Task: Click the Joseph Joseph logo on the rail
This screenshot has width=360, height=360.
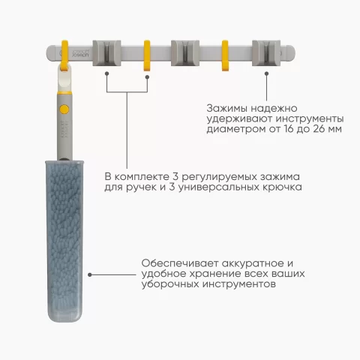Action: tap(80, 53)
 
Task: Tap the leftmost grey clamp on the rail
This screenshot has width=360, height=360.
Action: tap(106, 53)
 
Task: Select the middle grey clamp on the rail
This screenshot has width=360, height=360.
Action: tap(185, 53)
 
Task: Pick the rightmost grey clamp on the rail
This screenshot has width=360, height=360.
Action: tap(266, 53)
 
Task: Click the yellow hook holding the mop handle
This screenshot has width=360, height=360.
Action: tap(64, 55)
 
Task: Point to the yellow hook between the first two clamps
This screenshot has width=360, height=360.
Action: tap(147, 55)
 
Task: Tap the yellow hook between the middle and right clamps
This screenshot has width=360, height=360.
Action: tap(225, 55)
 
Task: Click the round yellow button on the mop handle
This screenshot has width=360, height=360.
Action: tap(64, 109)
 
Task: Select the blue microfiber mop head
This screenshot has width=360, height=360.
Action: tap(64, 241)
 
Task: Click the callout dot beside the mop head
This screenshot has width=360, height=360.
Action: tap(90, 274)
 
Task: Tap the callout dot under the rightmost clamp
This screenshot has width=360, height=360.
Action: tap(267, 73)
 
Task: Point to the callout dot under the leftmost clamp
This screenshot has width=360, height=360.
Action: tap(106, 73)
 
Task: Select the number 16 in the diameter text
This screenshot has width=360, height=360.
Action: tap(289, 129)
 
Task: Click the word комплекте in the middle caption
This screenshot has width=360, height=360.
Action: tap(142, 177)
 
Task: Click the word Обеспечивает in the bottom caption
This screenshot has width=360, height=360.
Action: tap(180, 263)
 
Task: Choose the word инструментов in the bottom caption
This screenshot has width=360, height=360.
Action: tap(239, 284)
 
